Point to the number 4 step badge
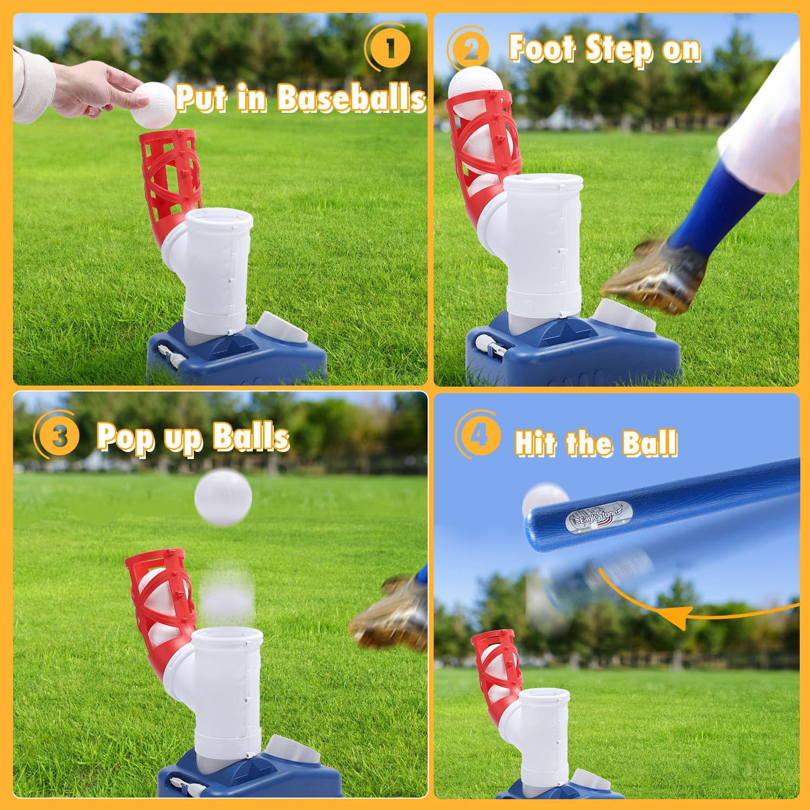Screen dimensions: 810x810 pos(479,435)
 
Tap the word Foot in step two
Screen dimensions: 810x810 pos(543,49)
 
